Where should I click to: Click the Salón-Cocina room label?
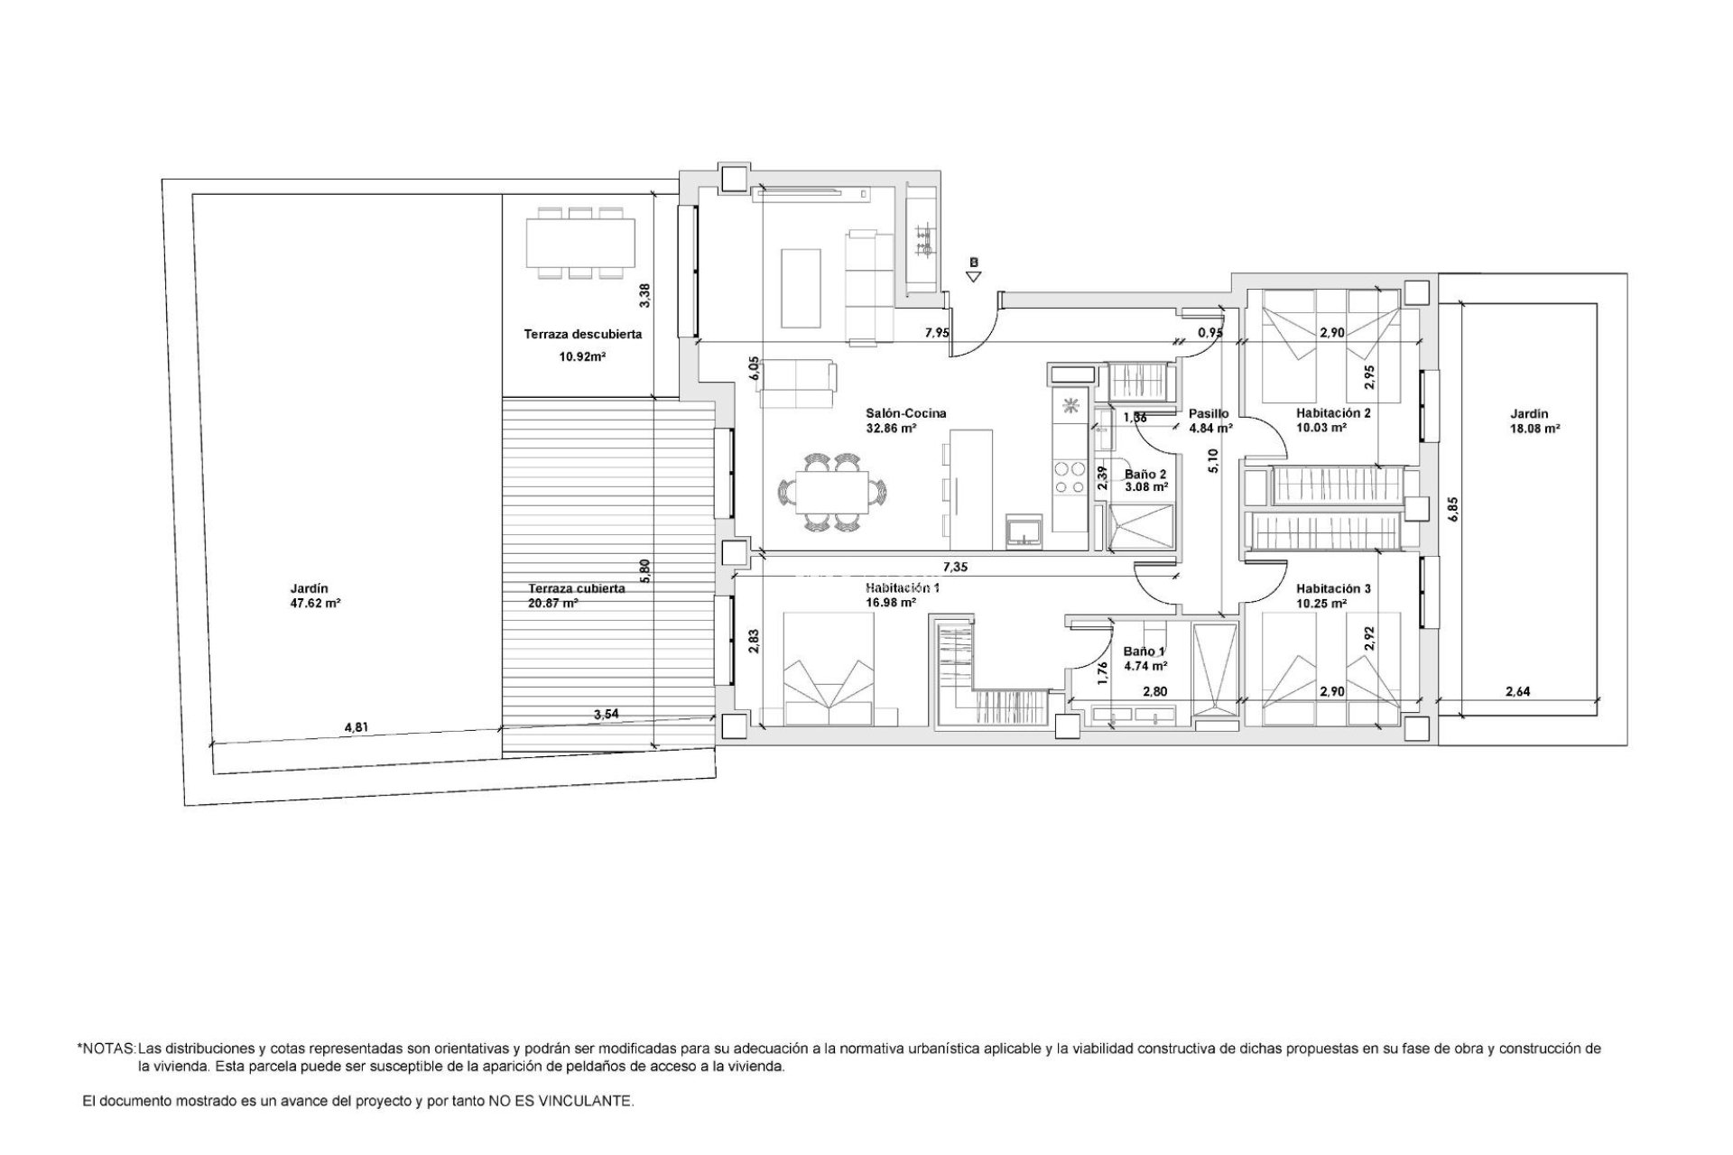[893, 413]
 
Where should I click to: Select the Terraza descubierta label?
[583, 334]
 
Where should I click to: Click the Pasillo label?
[1209, 413]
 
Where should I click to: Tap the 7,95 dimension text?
[937, 332]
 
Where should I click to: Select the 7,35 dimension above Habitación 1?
[955, 567]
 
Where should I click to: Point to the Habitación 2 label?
[1333, 413]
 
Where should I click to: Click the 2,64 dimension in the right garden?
[1517, 692]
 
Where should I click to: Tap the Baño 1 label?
[1145, 651]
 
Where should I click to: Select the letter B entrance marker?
[974, 263]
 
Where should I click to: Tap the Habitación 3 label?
[1333, 588]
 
